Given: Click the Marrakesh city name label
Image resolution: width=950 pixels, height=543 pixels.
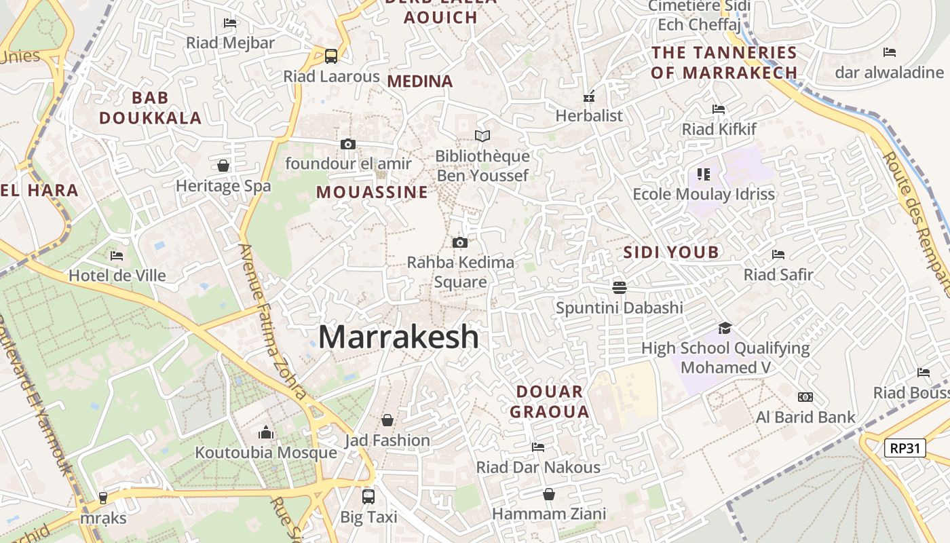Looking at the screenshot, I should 398,337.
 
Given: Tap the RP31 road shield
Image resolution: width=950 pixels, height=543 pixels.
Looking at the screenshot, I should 905,448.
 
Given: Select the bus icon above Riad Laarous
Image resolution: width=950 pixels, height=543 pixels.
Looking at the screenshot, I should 331,56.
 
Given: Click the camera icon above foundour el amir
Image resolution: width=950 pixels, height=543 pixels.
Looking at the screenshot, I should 348,144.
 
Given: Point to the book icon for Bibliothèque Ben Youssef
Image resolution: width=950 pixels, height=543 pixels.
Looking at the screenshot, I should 482,136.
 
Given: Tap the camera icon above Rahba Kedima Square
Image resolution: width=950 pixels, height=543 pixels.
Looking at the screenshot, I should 460,242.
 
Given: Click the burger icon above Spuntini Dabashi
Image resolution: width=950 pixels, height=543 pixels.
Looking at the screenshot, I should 619,288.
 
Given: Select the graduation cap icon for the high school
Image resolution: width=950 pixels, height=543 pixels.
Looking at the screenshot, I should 725,329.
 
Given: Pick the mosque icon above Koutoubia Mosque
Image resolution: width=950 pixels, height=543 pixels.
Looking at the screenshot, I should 266,432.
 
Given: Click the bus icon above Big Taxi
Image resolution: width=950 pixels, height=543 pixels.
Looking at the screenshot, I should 368,497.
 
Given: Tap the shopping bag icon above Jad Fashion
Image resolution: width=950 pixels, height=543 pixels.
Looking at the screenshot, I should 387,421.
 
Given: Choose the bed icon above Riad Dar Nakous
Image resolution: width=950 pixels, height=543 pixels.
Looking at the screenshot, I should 538,447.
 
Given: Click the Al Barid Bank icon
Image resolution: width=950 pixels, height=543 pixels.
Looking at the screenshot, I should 805,397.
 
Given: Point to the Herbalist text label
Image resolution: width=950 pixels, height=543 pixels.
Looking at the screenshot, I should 589,115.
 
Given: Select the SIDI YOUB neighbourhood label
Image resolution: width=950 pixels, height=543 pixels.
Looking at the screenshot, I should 670,252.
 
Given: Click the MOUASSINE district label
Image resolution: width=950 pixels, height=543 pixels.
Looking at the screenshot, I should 372,192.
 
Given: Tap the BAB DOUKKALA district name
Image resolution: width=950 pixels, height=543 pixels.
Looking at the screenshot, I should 150,108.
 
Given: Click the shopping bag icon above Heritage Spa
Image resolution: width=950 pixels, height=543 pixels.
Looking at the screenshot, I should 223,166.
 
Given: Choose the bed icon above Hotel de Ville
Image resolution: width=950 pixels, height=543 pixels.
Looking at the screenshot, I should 117,256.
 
